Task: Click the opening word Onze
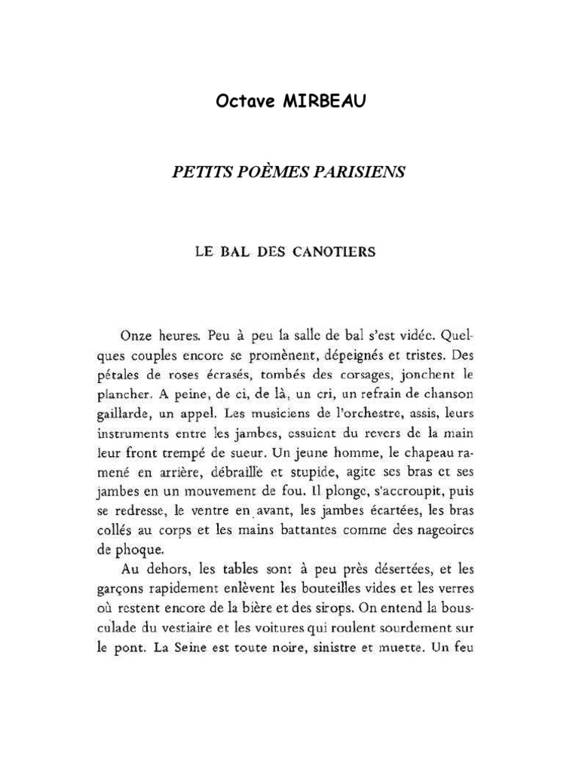136,334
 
